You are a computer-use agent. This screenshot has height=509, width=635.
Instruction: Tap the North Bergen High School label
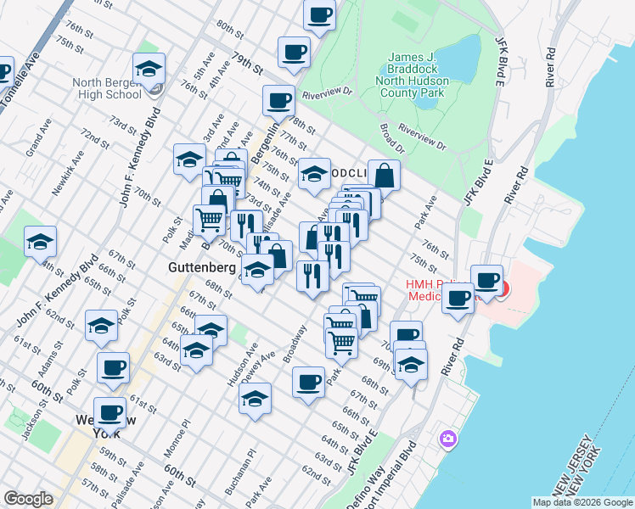(x=107, y=88)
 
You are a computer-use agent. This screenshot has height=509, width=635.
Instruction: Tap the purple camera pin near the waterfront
(x=447, y=439)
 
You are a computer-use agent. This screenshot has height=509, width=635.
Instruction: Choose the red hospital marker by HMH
(x=503, y=289)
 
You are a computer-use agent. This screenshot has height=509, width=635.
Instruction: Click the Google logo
(x=28, y=499)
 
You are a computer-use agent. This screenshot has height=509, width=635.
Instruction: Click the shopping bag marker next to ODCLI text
(x=384, y=176)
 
